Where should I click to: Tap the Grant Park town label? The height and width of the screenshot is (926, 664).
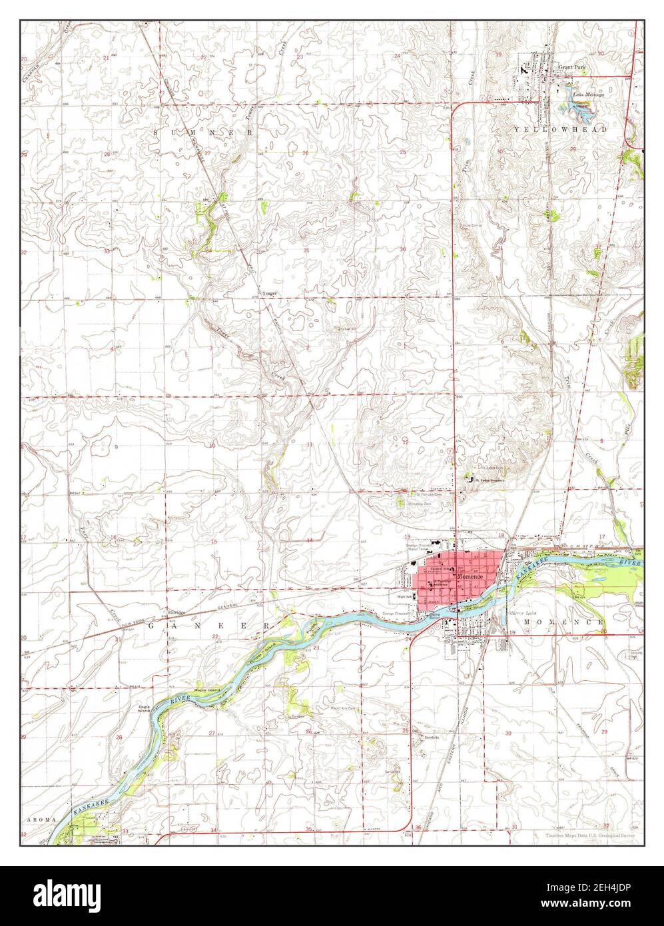click(x=571, y=68)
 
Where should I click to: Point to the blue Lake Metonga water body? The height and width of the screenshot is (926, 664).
click(x=578, y=106)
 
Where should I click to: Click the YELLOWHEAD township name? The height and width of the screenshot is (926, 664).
click(x=560, y=129)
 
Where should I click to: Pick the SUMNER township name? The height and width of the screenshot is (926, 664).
click(x=204, y=133)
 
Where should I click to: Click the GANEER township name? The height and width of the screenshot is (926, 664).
click(x=206, y=626)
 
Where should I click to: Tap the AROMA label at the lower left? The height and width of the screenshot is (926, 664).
click(x=38, y=817)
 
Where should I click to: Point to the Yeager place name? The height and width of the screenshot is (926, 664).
click(x=268, y=293)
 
